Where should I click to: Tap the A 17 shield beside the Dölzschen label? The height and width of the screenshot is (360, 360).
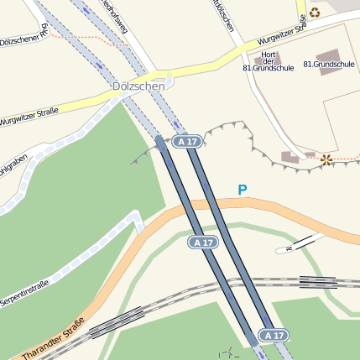(x=187, y=142)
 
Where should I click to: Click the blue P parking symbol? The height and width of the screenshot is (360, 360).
(x=243, y=190)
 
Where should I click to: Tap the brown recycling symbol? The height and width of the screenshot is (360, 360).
(x=315, y=12)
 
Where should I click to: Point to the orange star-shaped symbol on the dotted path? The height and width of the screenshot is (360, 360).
(x=326, y=159)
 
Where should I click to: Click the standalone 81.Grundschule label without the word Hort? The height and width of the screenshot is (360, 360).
(x=328, y=65)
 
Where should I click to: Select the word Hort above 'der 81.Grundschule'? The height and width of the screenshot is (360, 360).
(x=269, y=54)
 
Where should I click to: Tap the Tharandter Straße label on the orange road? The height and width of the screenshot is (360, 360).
(x=55, y=337)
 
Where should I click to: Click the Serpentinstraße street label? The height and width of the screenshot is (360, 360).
(x=23, y=295)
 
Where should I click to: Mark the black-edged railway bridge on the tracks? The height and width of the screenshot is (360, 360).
(x=318, y=283)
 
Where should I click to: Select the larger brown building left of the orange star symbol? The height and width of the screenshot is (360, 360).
(x=290, y=157)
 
